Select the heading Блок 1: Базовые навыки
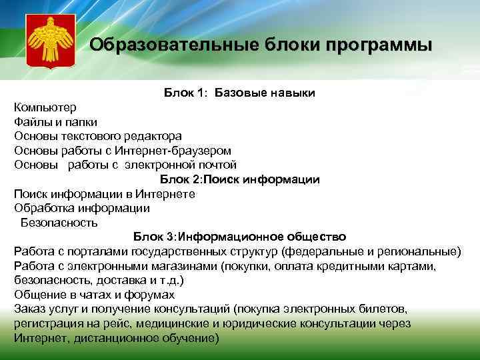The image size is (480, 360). tap(239, 93)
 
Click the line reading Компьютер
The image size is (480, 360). tap(45, 107)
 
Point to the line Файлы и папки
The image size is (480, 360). tap(55, 122)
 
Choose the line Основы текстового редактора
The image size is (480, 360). tap(97, 136)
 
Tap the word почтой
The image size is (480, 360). tap(218, 165)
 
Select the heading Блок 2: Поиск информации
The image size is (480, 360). tap(239, 179)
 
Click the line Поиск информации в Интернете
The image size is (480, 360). tap(104, 193)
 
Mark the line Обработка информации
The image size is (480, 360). tap(81, 208)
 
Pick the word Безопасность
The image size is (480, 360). tap(59, 223)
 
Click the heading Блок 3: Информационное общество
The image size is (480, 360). tap(239, 237)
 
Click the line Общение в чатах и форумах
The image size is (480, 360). tap(94, 295)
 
